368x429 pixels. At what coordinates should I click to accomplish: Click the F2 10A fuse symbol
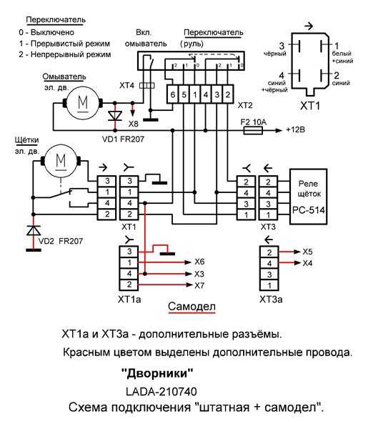253,131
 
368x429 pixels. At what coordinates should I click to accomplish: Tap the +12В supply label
295,129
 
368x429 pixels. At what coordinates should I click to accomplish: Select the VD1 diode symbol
115,116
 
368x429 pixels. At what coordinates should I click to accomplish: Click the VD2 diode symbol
34,230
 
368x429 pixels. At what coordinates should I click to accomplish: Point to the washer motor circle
83,103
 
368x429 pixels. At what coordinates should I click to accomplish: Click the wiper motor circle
61,161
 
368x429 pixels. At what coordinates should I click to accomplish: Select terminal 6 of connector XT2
172,94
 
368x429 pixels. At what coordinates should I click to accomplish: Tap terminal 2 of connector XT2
228,94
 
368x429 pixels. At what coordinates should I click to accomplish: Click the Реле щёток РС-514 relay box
309,197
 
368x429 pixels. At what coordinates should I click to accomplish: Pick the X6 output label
199,262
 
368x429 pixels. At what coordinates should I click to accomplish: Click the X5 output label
307,252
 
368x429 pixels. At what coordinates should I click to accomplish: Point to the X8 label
134,124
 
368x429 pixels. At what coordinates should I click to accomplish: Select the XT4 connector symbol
146,86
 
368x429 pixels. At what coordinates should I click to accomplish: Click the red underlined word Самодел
192,307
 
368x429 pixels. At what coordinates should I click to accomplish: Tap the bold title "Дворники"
157,373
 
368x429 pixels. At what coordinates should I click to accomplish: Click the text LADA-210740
161,392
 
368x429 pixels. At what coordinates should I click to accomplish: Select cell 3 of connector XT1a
129,252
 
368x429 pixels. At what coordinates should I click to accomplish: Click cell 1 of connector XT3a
269,285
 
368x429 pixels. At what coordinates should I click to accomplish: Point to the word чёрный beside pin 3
275,54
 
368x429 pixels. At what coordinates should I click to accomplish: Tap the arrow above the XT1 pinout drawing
309,26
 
